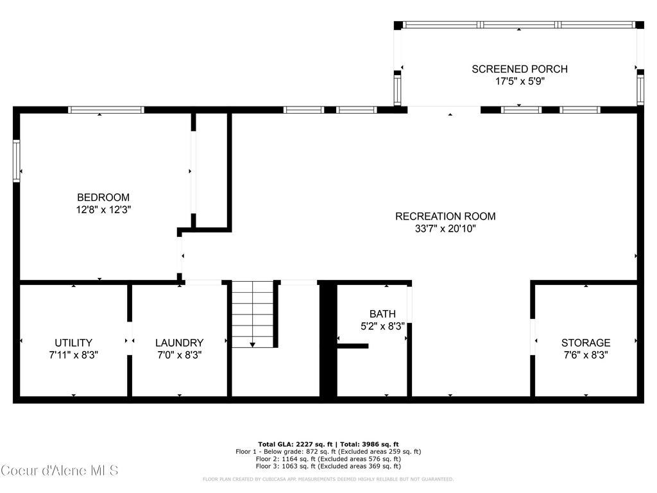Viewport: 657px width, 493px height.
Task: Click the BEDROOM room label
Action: click(103, 198)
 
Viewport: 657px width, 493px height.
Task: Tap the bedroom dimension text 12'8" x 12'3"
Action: click(103, 209)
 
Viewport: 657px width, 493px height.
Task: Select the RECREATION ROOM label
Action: click(445, 216)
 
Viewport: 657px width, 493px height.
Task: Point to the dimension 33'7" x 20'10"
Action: click(445, 228)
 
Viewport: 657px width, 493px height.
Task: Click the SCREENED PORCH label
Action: click(520, 69)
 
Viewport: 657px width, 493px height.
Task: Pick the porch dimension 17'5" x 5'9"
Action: click(520, 82)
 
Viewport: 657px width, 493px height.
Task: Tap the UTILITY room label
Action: click(73, 343)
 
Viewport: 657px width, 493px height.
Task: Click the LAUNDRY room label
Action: click(179, 343)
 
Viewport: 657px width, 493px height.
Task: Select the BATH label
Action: click(382, 314)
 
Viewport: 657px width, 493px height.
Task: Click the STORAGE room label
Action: click(586, 343)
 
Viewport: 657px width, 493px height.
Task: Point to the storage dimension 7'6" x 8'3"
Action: click(586, 354)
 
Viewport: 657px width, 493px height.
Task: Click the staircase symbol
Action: click(253, 315)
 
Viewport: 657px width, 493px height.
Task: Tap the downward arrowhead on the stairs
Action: click(253, 345)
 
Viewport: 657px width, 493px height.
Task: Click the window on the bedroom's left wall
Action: click(17, 161)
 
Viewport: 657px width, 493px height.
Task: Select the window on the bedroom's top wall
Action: click(106, 110)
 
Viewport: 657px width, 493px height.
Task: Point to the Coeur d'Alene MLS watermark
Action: click(60, 471)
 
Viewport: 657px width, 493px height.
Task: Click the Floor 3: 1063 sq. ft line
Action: click(328, 467)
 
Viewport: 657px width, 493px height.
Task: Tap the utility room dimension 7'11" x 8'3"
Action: click(73, 354)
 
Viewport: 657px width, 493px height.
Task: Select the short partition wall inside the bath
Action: click(353, 346)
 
